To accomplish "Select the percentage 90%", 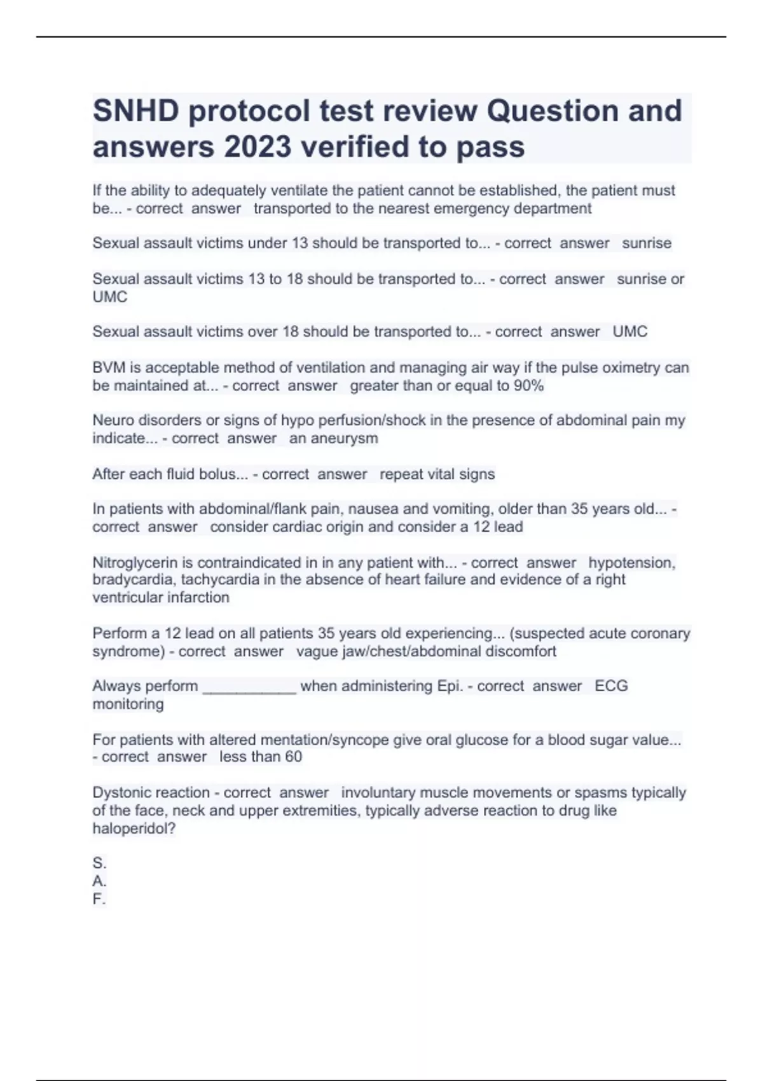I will [x=528, y=385].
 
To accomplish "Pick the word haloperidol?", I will [x=134, y=829].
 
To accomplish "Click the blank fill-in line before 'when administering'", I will [x=249, y=687].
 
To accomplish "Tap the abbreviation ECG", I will [x=611, y=686].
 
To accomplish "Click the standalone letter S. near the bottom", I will [x=99, y=864].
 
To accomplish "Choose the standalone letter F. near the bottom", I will [x=99, y=899].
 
